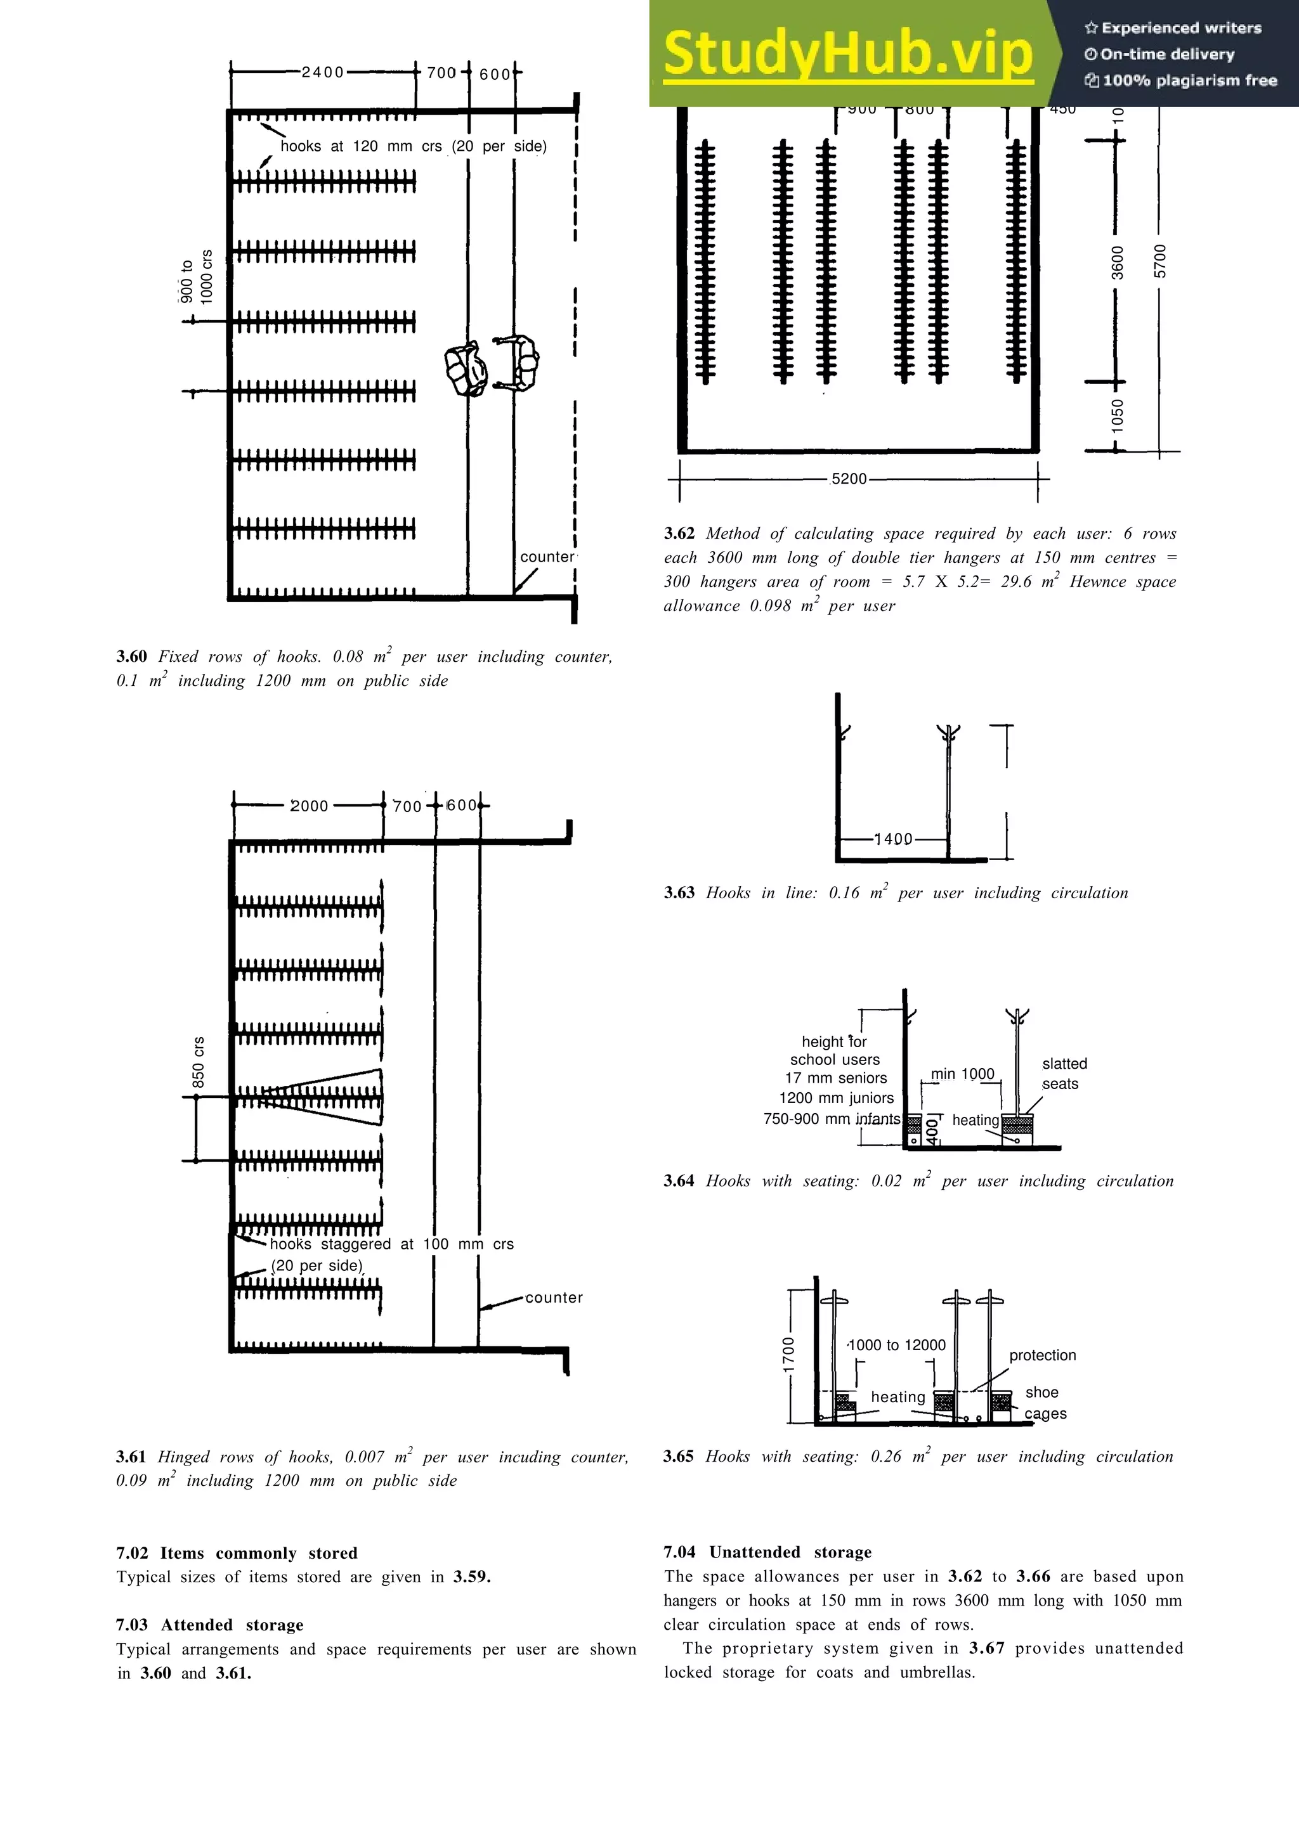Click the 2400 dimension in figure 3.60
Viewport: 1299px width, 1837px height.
pos(323,73)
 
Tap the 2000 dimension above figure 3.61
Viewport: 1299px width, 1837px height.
pos(309,806)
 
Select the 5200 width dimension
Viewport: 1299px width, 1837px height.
pos(849,479)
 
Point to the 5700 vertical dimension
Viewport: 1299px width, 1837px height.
pos(1161,262)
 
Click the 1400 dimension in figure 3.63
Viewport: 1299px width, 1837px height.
pos(893,839)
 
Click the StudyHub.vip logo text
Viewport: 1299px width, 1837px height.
pos(847,55)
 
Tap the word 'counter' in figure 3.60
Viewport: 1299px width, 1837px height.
pos(547,557)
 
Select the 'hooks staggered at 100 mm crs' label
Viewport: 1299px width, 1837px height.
pos(391,1244)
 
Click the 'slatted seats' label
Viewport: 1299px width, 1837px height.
pos(1064,1074)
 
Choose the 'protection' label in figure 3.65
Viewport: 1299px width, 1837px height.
pos(1042,1355)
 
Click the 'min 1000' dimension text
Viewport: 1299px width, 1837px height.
pos(962,1074)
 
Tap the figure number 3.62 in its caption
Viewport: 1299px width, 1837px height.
pos(679,534)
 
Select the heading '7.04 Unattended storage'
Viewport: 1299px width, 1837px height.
pos(767,1552)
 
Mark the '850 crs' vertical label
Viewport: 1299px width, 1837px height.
pos(199,1062)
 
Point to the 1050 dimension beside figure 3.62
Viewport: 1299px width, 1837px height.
pos(1118,416)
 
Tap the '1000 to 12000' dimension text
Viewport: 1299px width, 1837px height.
pos(896,1345)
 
